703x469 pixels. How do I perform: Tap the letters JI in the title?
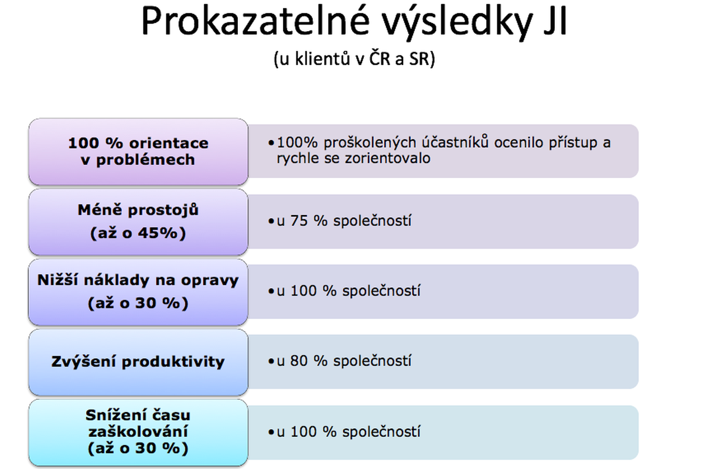[555, 21]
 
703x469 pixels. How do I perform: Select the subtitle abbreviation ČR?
[380, 58]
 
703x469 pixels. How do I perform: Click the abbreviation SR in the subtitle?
[419, 59]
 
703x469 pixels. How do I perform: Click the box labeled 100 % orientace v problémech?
[138, 152]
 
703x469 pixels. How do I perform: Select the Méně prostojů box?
[138, 222]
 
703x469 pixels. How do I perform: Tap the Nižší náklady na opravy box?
[138, 292]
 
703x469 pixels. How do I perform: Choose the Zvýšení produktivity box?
[138, 362]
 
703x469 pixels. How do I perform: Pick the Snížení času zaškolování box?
[138, 432]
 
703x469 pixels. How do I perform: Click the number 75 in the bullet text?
[299, 220]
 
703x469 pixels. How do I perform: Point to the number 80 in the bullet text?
[299, 361]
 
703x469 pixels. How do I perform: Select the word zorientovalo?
[388, 158]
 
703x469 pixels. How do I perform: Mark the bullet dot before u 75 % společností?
[271, 221]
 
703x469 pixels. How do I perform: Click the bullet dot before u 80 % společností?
[271, 361]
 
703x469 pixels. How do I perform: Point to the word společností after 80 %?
[372, 361]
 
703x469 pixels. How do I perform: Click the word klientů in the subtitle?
[322, 59]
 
